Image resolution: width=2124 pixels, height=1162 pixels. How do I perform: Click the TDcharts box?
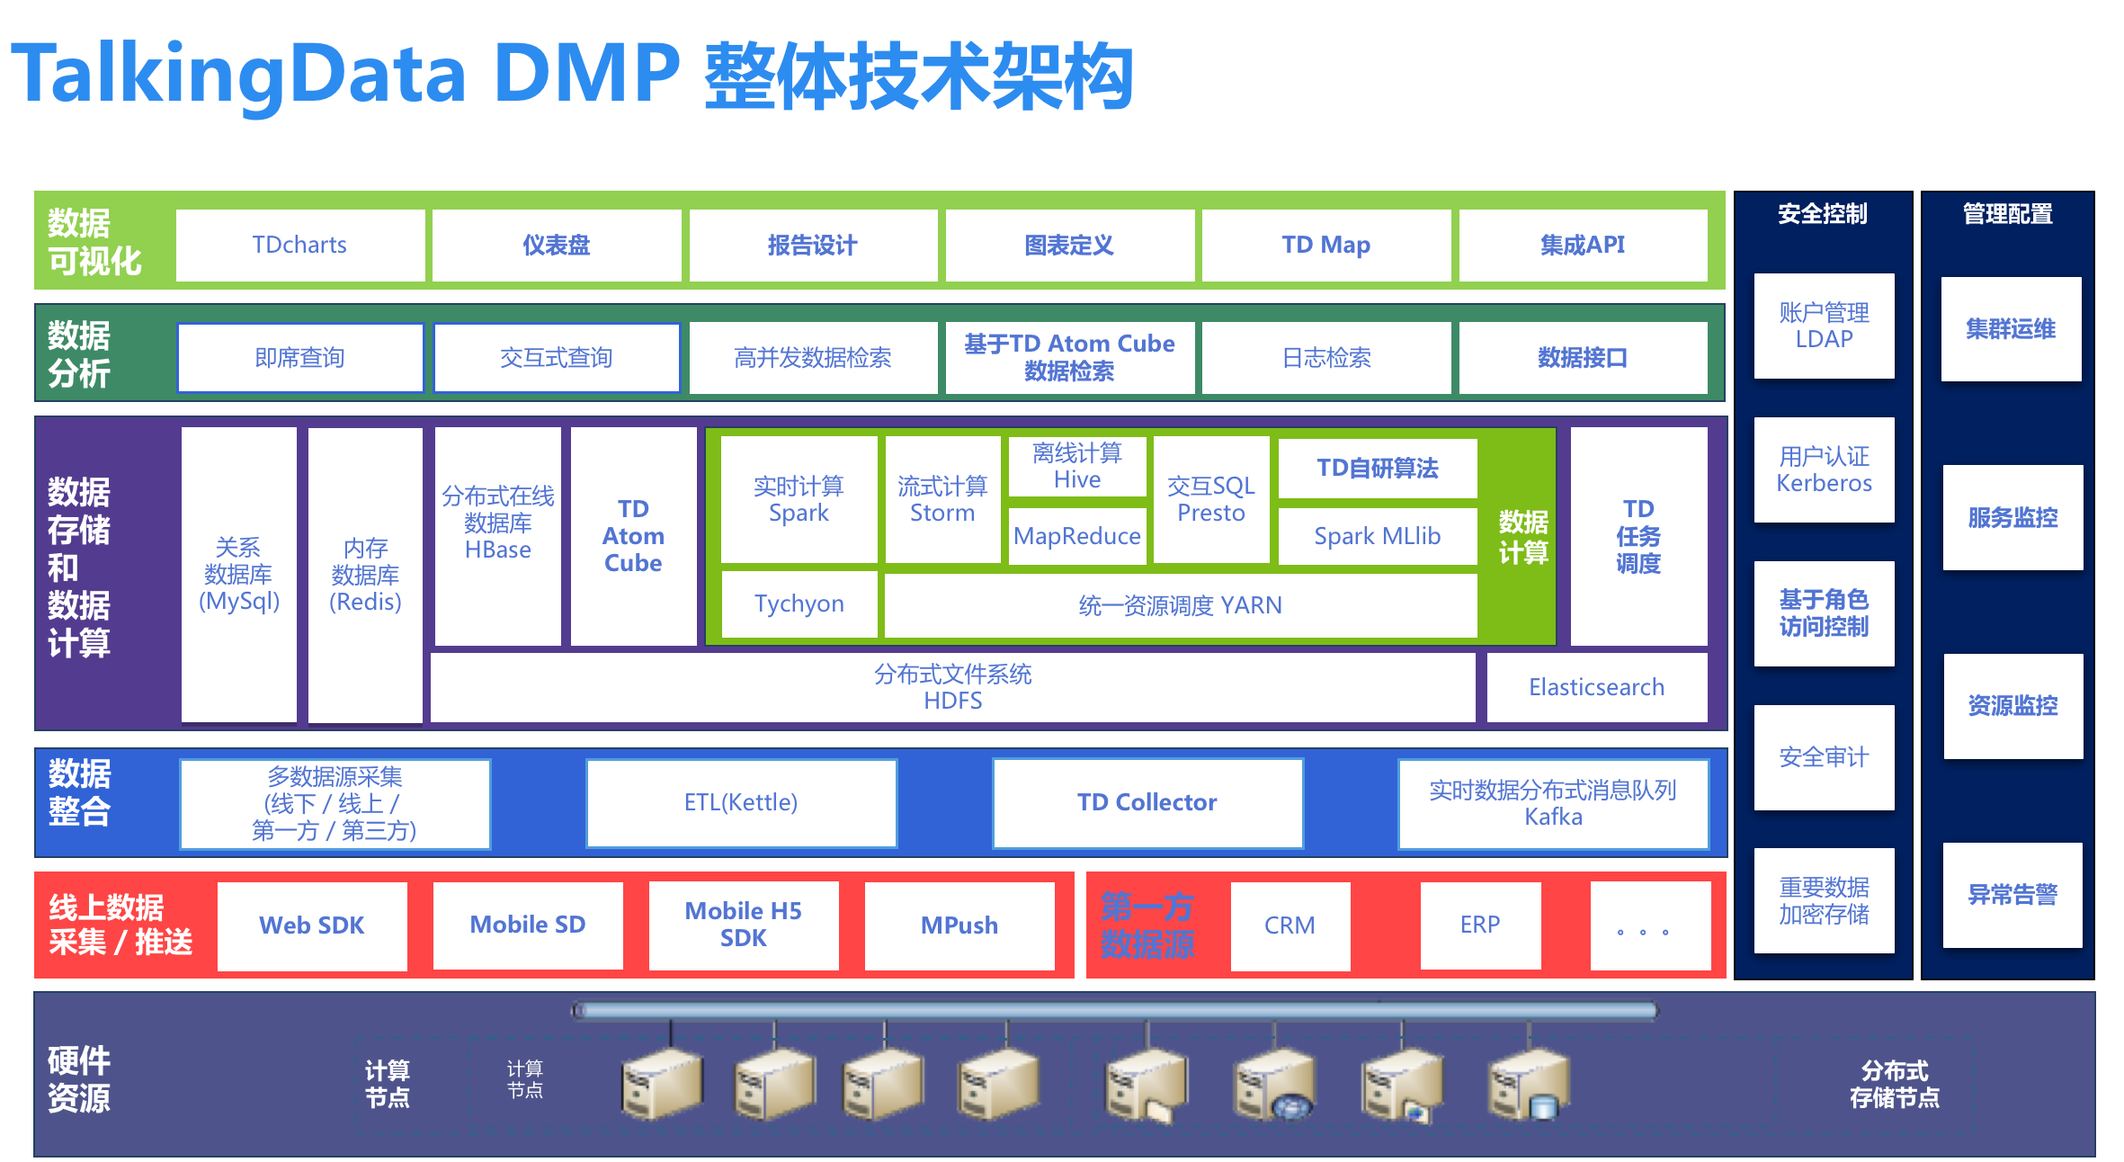tap(299, 245)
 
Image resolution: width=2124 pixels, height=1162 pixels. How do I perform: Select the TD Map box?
tap(1325, 245)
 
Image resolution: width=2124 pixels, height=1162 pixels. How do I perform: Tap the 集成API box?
tap(1582, 245)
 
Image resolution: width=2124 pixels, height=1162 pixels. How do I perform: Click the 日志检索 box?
tap(1325, 358)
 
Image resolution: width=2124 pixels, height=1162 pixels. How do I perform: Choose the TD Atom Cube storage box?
tap(633, 535)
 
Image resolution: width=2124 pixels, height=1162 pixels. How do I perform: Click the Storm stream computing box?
tap(942, 499)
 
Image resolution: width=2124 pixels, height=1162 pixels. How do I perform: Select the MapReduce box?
tap(1076, 536)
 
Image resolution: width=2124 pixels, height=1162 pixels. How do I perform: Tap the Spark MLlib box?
tap(1377, 536)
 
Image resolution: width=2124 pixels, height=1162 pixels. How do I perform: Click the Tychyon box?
tap(799, 603)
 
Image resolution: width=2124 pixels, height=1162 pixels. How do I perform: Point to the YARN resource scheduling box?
tap(1180, 605)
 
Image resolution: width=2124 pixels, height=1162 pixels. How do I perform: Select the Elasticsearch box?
tap(1596, 687)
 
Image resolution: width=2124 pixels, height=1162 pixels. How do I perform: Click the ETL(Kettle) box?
tap(741, 802)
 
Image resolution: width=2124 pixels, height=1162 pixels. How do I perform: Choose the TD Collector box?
tap(1147, 802)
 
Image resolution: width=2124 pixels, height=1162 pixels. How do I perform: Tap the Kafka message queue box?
tap(1552, 803)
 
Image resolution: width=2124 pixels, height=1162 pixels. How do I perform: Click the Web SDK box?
tap(311, 925)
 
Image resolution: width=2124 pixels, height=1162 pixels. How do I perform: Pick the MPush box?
tap(959, 925)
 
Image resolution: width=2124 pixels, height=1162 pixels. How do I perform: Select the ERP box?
tap(1479, 925)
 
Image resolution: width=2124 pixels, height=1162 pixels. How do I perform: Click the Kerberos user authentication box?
tap(1824, 469)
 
